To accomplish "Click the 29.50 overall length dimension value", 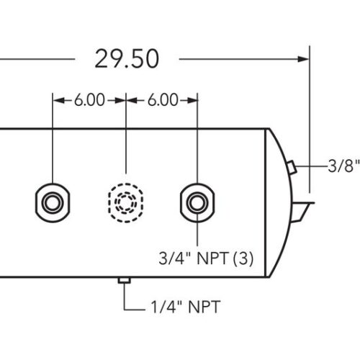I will point(126,59).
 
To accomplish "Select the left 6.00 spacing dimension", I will point(89,100).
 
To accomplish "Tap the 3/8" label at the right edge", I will point(343,167).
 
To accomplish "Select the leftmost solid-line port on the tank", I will point(53,199).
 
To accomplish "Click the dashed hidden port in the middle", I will point(126,199).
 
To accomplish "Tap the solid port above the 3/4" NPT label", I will point(197,199).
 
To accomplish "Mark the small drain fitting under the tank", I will point(125,280).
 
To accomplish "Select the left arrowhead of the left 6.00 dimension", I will point(58,100).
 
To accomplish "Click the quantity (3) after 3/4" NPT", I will point(243,257).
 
